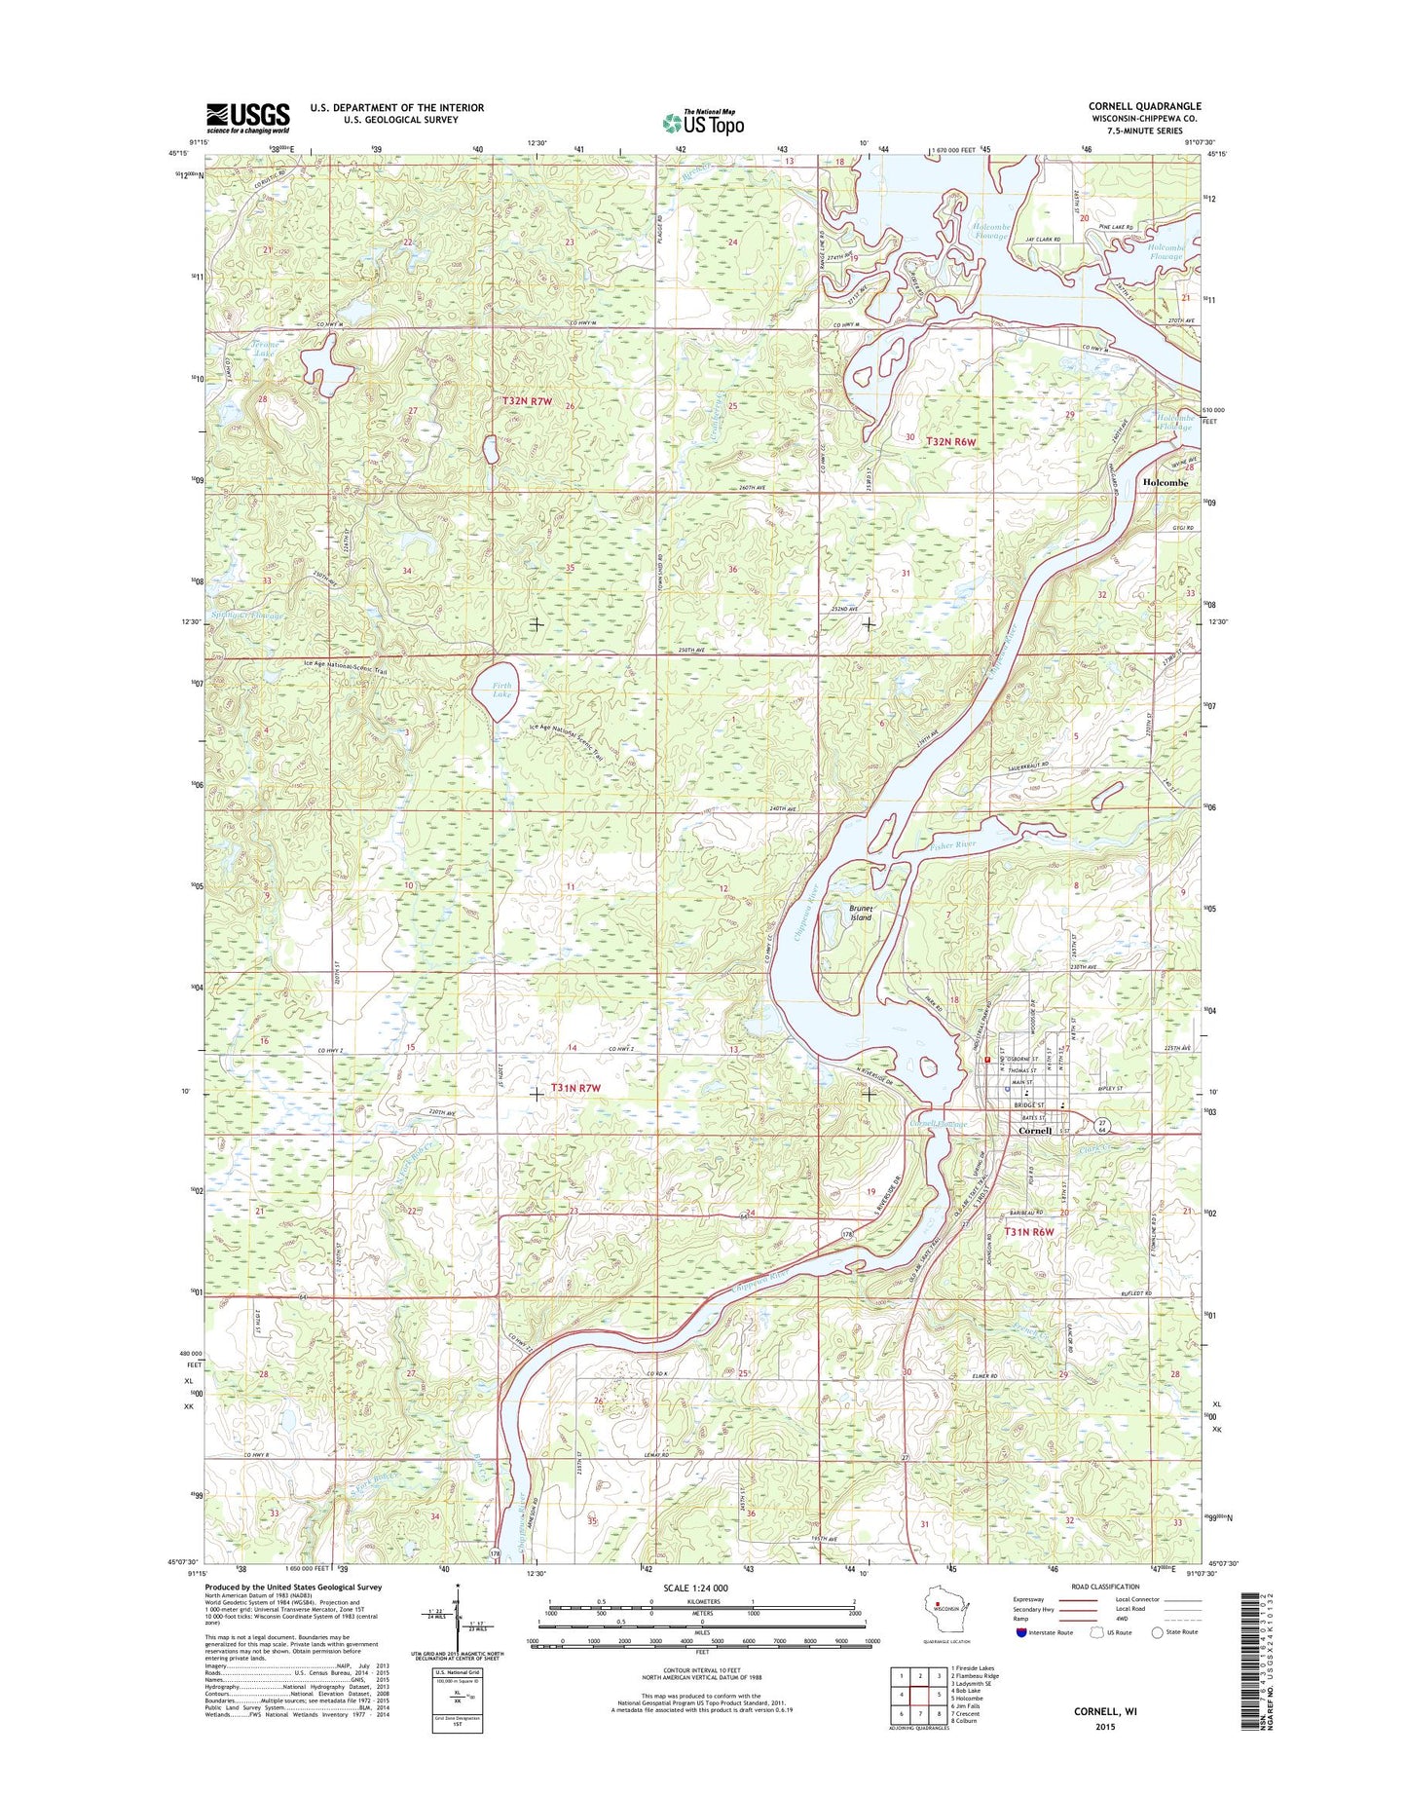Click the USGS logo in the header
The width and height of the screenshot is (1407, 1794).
coord(247,118)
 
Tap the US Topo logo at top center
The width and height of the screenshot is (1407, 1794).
coord(703,122)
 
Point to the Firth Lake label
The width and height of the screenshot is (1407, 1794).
coord(500,690)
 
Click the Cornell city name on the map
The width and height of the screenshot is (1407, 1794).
coord(1034,1131)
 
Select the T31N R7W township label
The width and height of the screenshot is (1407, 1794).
coord(575,1088)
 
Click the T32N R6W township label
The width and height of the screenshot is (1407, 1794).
coord(950,441)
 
